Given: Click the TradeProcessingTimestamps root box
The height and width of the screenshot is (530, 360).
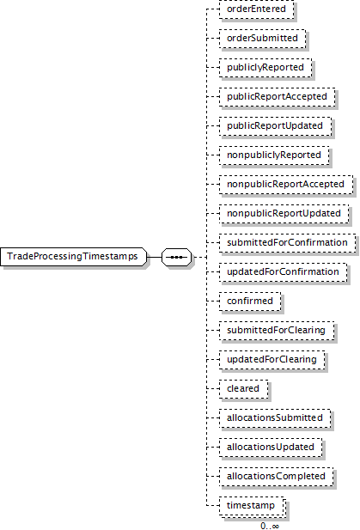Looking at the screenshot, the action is click(73, 257).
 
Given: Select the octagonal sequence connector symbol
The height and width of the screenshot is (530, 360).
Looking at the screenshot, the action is click(176, 257).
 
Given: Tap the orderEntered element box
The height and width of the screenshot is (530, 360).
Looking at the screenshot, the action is click(256, 9).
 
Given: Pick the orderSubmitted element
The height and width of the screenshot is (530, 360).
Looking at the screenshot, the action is click(262, 38).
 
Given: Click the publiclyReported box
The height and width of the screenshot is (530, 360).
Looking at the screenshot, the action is click(265, 68).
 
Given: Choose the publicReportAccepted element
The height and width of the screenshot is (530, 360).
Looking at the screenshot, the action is click(278, 97).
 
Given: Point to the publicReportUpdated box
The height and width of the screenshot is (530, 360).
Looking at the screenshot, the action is click(275, 125).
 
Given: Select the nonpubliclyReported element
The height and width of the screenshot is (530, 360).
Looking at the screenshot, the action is click(274, 155).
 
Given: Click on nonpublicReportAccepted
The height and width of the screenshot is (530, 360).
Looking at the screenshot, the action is click(286, 184).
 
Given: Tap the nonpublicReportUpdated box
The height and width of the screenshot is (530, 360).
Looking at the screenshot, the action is click(284, 214).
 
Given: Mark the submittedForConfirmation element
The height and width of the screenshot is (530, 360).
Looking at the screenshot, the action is click(287, 243).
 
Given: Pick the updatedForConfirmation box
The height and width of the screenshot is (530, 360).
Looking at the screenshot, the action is click(283, 271).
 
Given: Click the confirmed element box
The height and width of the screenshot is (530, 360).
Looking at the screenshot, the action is click(250, 302).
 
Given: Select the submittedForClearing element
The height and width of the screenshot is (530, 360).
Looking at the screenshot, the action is click(277, 330).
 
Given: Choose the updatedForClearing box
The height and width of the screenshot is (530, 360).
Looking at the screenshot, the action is click(272, 360).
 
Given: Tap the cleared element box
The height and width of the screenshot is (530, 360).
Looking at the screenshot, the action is click(243, 389).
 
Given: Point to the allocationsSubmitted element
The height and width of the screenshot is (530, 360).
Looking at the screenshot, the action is click(275, 418).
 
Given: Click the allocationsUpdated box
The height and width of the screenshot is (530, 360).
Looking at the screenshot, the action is click(271, 448).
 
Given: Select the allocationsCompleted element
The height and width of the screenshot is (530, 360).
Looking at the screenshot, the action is click(276, 476).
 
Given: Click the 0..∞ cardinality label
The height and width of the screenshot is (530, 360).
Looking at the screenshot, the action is click(270, 526).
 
